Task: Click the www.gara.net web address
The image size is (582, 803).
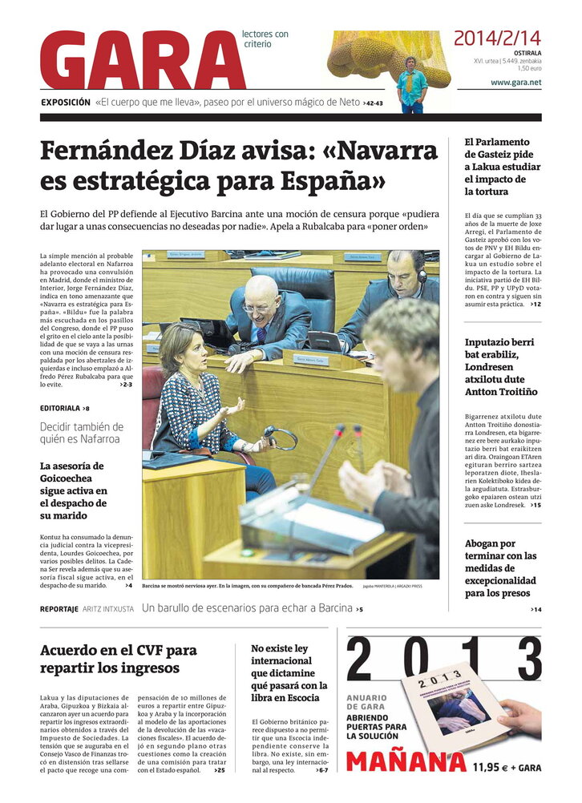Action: tap(515, 83)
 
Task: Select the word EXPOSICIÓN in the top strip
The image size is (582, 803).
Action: tap(66, 103)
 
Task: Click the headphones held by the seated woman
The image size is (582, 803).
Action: tap(281, 438)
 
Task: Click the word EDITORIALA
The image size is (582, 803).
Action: tap(60, 408)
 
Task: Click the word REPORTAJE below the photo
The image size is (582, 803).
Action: tap(59, 609)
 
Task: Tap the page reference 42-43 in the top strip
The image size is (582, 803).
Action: tap(374, 103)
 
